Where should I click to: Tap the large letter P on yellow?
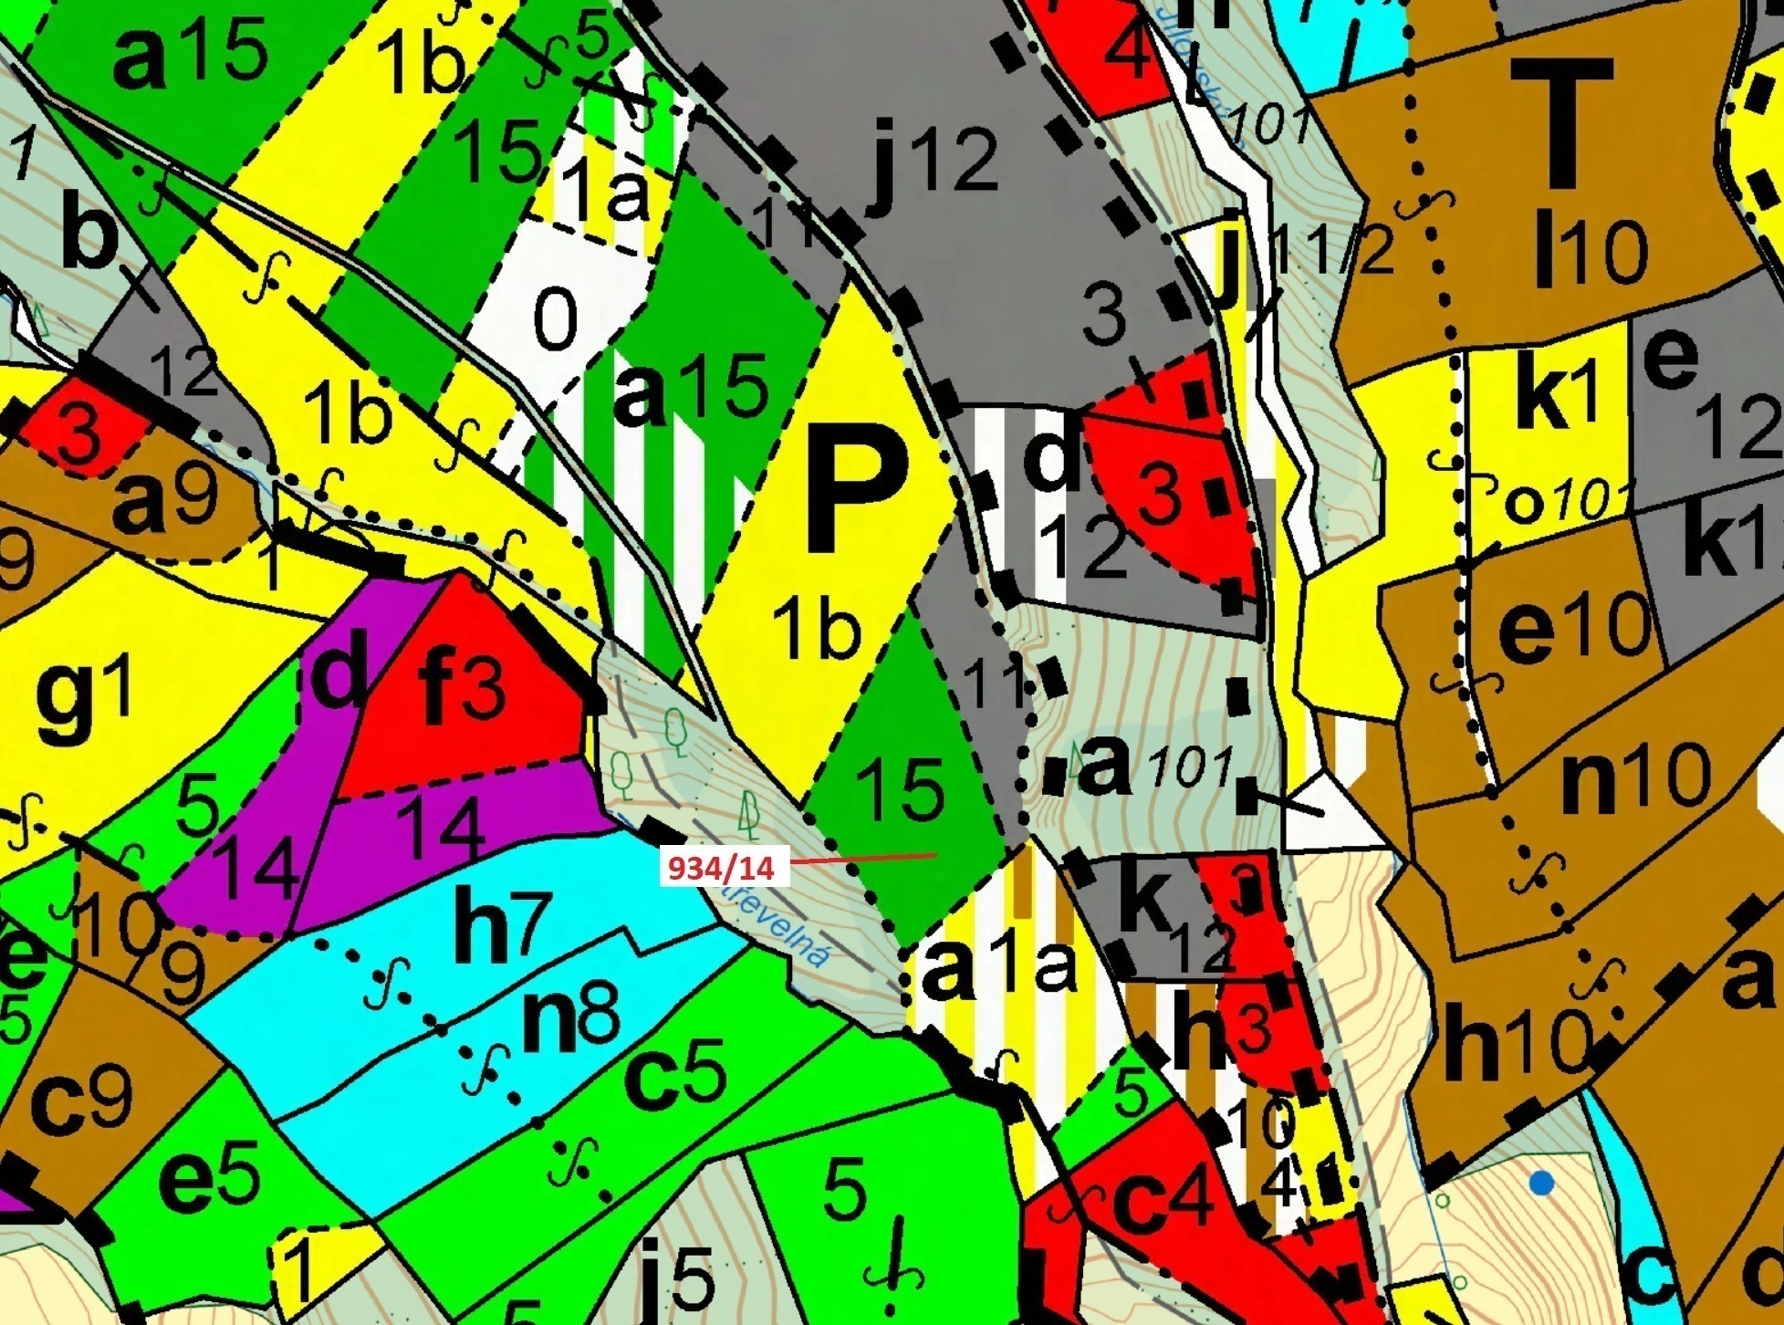[x=858, y=485]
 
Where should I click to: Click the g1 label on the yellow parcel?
[x=84, y=696]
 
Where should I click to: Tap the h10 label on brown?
[x=1515, y=1040]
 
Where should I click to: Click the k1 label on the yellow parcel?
[x=1556, y=402]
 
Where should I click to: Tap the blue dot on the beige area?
[x=1541, y=1184]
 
